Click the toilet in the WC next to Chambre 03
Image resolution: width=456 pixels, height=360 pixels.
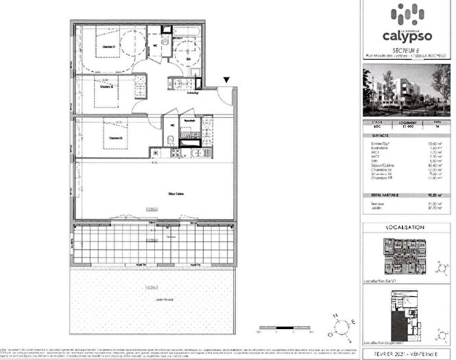[169, 141]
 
